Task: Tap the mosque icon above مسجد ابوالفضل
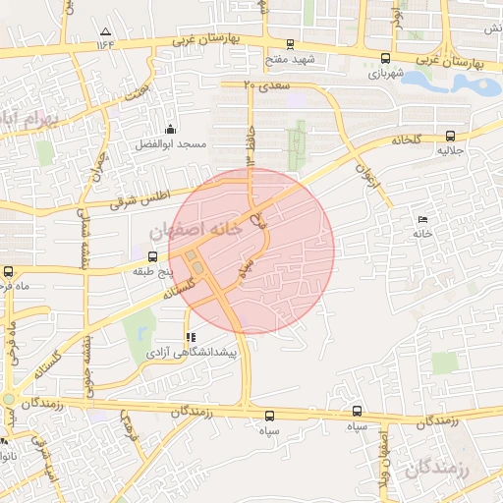point(172,129)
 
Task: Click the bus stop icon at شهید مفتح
point(289,44)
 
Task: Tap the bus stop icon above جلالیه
point(451,137)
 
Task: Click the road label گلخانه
point(404,140)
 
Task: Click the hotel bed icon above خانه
point(422,218)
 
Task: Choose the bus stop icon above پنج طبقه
point(150,256)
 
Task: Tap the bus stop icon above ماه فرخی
point(9,271)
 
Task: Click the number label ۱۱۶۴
point(105,43)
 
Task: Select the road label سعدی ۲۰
point(262,85)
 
